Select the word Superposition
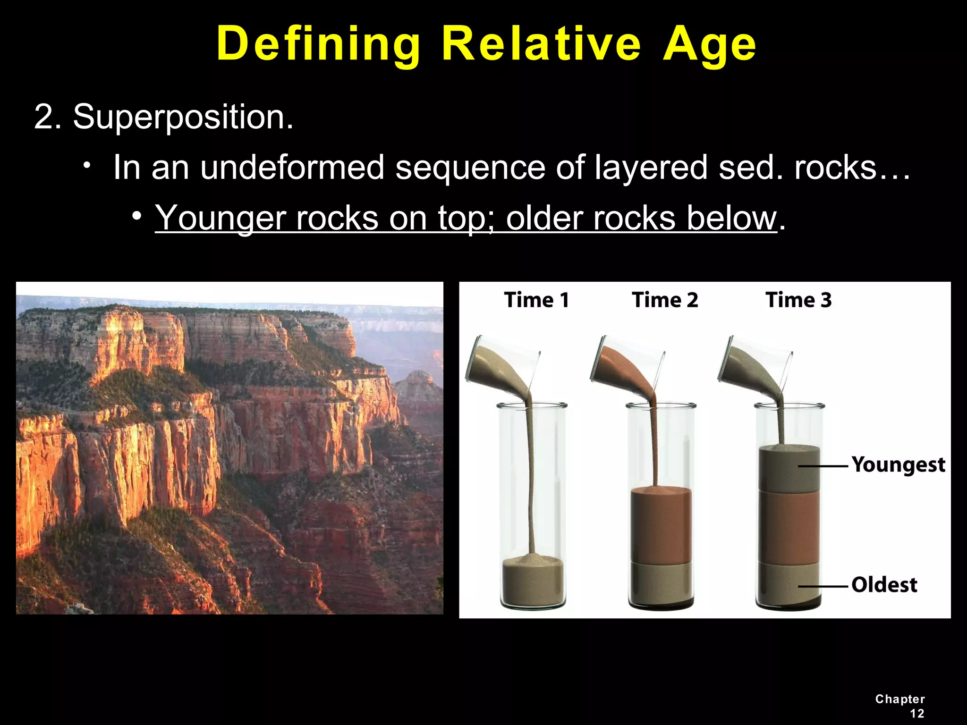pos(183,117)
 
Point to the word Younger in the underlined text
pos(220,218)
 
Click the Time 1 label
pos(536,300)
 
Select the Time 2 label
pos(665,300)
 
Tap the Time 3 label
pos(798,300)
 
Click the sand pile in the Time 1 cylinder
pos(533,581)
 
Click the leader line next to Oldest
pos(823,587)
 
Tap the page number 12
pos(916,713)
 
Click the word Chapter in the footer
pos(900,699)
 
